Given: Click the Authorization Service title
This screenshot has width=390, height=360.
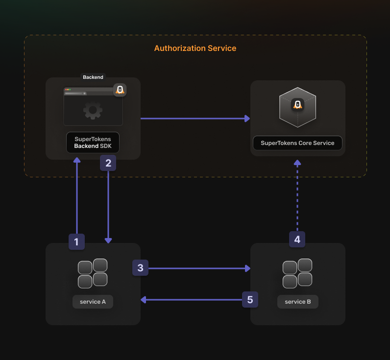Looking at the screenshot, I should click(195, 48).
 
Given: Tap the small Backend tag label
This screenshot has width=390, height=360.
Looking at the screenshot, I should click(93, 77).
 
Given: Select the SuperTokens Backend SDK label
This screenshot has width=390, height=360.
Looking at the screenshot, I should click(93, 143).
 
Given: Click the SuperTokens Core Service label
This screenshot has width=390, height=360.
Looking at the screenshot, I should click(297, 143).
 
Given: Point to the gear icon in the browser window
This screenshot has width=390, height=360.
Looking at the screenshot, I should click(93, 110).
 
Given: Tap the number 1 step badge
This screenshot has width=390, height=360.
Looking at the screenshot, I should click(76, 241).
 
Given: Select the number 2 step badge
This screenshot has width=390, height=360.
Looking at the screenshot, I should click(108, 163).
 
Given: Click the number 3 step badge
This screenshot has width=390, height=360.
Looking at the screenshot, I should click(140, 268).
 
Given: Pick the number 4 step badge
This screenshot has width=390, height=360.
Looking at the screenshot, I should click(297, 240).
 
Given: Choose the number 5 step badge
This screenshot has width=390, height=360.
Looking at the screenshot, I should click(250, 300).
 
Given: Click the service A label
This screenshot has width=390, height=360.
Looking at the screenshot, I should click(93, 302).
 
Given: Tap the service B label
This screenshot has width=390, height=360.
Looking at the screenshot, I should click(297, 302).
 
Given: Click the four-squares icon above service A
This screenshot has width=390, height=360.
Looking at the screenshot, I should click(93, 273).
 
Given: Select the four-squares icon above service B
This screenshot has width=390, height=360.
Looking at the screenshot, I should click(297, 273).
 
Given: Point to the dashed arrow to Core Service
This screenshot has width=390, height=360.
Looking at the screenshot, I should click(297, 196).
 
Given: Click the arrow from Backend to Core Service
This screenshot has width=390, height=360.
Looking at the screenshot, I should click(195, 119).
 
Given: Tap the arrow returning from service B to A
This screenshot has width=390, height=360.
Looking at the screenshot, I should click(191, 300).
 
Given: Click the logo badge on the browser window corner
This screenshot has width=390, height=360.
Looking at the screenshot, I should click(120, 90).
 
